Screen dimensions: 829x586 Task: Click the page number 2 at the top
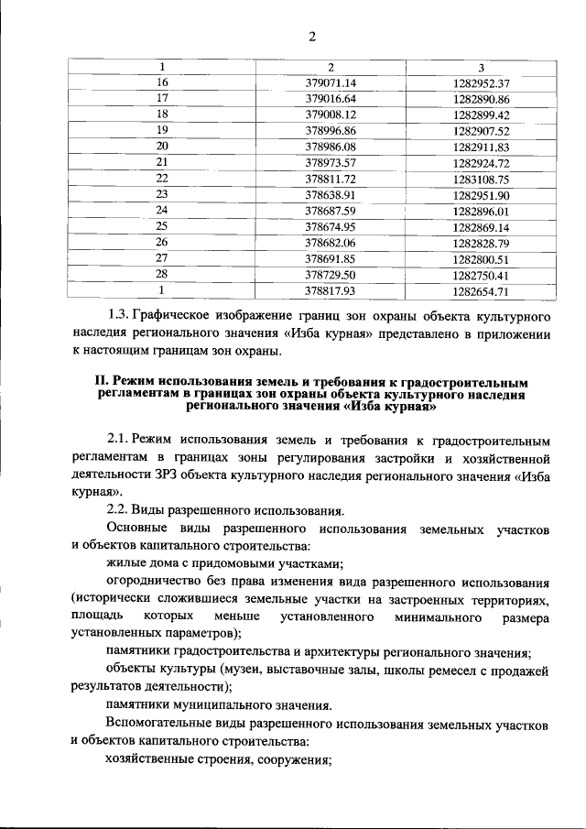coord(311,37)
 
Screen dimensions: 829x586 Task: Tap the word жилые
coord(125,563)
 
